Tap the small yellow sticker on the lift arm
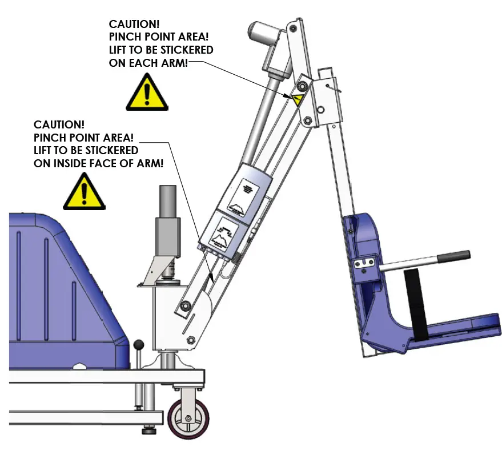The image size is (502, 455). pyautogui.click(x=296, y=99)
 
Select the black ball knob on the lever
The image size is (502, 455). pyautogui.click(x=138, y=345)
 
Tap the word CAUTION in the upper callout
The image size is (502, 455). pyautogui.click(x=134, y=24)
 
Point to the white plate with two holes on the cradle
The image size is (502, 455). pyautogui.click(x=363, y=263)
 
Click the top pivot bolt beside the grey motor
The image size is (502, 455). pyautogui.click(x=293, y=27)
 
